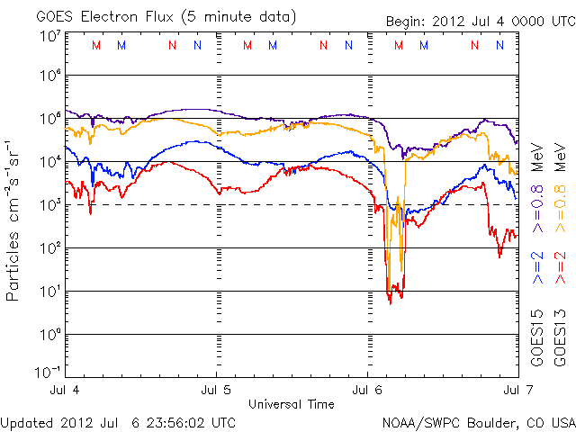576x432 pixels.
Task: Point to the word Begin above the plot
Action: click(x=408, y=22)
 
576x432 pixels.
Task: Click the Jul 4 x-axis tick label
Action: click(x=66, y=391)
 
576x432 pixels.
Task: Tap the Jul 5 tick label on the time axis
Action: click(x=217, y=391)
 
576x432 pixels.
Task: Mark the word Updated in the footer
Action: click(x=26, y=422)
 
